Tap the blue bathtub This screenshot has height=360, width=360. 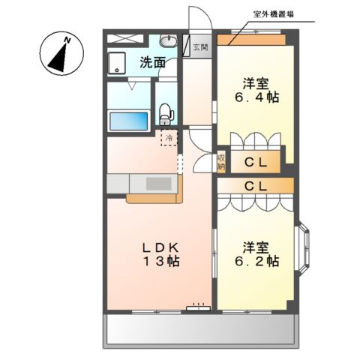130,120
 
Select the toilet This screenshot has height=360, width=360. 167,112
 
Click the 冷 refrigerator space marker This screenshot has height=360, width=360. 169,138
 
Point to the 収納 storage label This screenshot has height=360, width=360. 222,162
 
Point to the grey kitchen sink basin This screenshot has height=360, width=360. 157,184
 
